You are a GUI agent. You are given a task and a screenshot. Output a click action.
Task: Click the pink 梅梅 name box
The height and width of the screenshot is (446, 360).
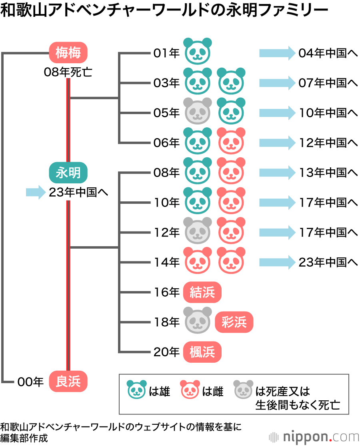(68, 53)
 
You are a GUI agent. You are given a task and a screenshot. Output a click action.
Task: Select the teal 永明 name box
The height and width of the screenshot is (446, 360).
(68, 173)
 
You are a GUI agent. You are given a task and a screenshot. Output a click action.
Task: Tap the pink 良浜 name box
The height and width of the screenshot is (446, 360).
(68, 382)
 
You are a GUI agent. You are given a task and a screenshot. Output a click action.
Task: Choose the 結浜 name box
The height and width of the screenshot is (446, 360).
(202, 292)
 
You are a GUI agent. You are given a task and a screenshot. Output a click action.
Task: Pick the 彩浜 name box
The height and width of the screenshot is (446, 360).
(234, 322)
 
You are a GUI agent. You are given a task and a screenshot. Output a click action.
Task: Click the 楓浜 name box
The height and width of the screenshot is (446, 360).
(202, 352)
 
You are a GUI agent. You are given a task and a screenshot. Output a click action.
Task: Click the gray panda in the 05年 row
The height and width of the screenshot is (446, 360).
(198, 110)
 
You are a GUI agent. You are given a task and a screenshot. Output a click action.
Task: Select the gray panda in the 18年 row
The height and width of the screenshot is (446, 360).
(198, 320)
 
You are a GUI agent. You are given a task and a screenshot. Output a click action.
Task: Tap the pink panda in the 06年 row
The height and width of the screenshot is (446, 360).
(231, 141)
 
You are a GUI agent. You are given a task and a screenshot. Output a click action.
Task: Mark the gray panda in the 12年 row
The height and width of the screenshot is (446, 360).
(198, 230)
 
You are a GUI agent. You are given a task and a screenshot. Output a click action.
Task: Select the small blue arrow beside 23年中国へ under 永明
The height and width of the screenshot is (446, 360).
(36, 193)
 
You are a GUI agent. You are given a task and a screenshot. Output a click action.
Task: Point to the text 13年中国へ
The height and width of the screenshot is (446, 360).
(328, 173)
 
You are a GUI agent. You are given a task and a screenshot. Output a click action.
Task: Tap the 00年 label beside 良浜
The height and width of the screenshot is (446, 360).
(30, 382)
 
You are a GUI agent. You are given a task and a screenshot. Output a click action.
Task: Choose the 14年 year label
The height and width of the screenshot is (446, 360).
(166, 263)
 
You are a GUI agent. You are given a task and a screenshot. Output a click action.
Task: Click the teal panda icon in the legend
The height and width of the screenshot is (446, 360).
(136, 389)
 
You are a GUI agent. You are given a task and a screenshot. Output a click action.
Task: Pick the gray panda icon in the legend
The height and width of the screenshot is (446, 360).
(244, 389)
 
